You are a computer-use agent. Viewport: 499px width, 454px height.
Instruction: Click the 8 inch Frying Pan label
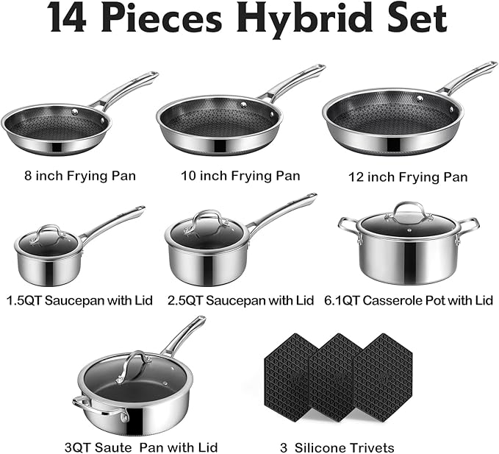[79, 176]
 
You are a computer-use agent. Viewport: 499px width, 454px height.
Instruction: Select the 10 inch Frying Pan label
[240, 176]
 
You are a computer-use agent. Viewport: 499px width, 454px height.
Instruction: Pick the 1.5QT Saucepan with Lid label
[79, 301]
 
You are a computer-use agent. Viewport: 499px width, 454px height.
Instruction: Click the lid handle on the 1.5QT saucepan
[49, 231]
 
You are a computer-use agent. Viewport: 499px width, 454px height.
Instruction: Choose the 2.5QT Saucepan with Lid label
[240, 301]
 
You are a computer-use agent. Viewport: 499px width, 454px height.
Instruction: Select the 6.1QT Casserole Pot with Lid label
[409, 301]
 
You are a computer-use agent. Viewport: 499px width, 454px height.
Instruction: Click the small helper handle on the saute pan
[80, 404]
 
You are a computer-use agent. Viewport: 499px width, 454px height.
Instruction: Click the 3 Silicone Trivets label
[339, 447]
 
